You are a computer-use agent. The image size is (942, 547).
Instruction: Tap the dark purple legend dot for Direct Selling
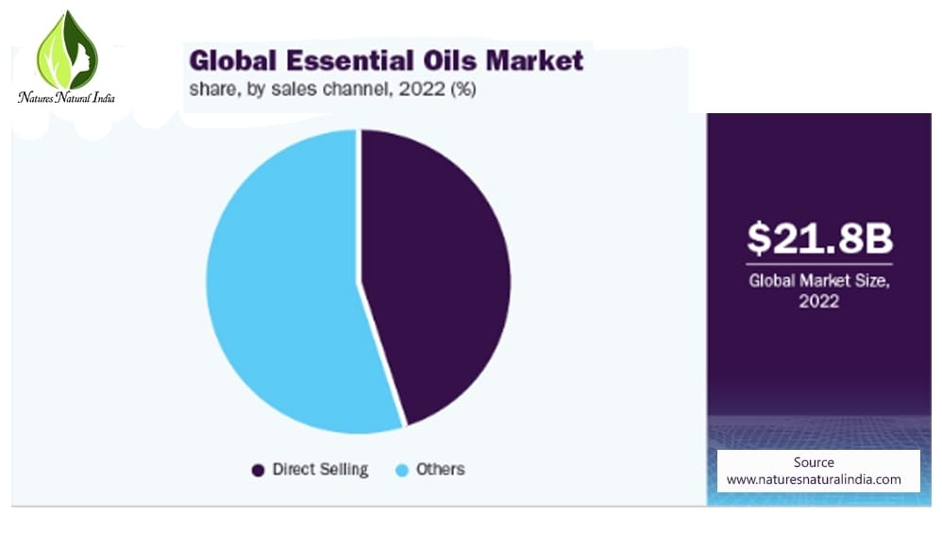click(258, 471)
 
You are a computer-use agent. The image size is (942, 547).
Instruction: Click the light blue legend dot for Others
click(402, 471)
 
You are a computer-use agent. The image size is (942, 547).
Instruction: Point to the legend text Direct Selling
click(320, 470)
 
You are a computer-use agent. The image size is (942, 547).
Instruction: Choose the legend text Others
click(441, 469)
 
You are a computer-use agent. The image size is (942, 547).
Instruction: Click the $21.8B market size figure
click(819, 238)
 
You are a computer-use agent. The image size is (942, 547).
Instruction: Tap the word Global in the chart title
click(233, 60)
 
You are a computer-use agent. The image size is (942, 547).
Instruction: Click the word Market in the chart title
click(534, 60)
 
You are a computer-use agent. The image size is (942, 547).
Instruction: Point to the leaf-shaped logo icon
click(67, 50)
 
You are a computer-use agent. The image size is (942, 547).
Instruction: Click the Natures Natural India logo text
click(66, 97)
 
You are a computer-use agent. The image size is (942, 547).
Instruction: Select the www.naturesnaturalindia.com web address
click(814, 479)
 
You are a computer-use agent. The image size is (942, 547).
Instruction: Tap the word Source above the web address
click(814, 462)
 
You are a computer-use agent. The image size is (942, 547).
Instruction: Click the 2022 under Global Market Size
click(819, 301)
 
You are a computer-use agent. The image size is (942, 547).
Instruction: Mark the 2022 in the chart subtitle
click(422, 89)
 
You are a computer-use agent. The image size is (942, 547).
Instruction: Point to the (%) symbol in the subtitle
click(463, 90)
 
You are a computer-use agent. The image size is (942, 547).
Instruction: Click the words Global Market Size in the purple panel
click(819, 280)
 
